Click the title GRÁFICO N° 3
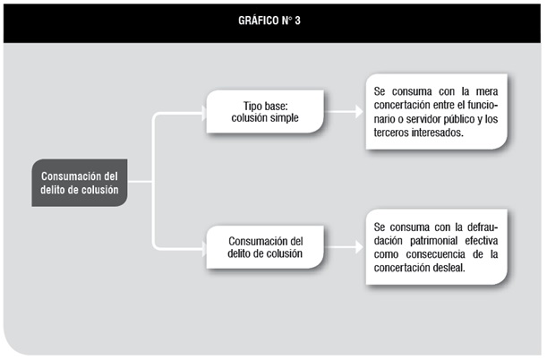coord(269,21)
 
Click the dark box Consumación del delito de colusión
coord(80,183)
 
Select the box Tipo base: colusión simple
coord(265,112)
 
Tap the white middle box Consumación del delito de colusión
coord(265,247)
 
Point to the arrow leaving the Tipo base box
coord(344,112)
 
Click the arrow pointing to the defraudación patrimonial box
coord(344,247)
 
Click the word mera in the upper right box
coord(487,91)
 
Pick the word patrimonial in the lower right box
coord(433,241)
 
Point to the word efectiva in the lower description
coord(481,241)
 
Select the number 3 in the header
coord(297,21)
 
